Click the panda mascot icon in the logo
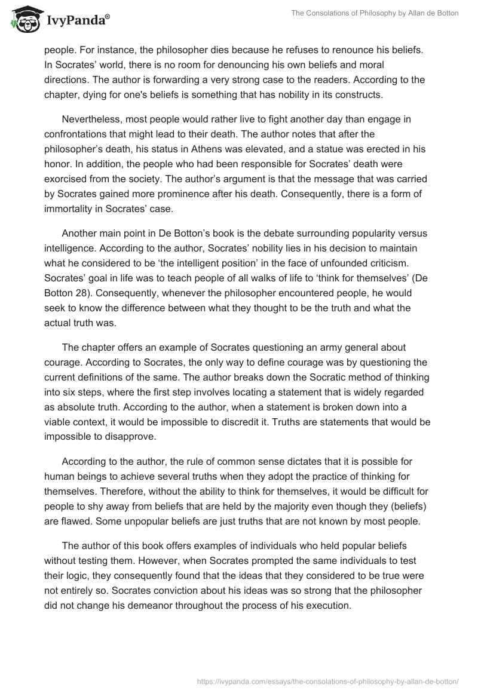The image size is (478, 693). coord(24,19)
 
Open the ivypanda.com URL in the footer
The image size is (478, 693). coord(326,680)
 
